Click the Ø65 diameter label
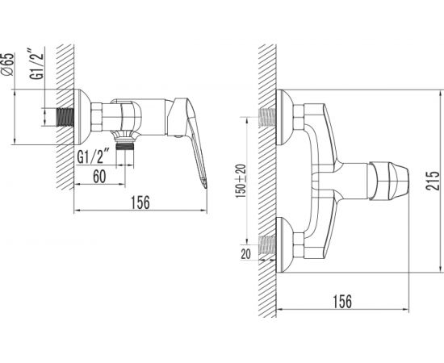(7, 64)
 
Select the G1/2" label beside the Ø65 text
(37, 64)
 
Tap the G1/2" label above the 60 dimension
(93, 156)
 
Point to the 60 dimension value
(99, 177)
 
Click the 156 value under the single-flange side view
(140, 202)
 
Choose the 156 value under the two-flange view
(342, 302)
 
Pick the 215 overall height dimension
(434, 181)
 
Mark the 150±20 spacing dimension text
(241, 181)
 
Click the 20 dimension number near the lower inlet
(245, 254)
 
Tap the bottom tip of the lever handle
(206, 186)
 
